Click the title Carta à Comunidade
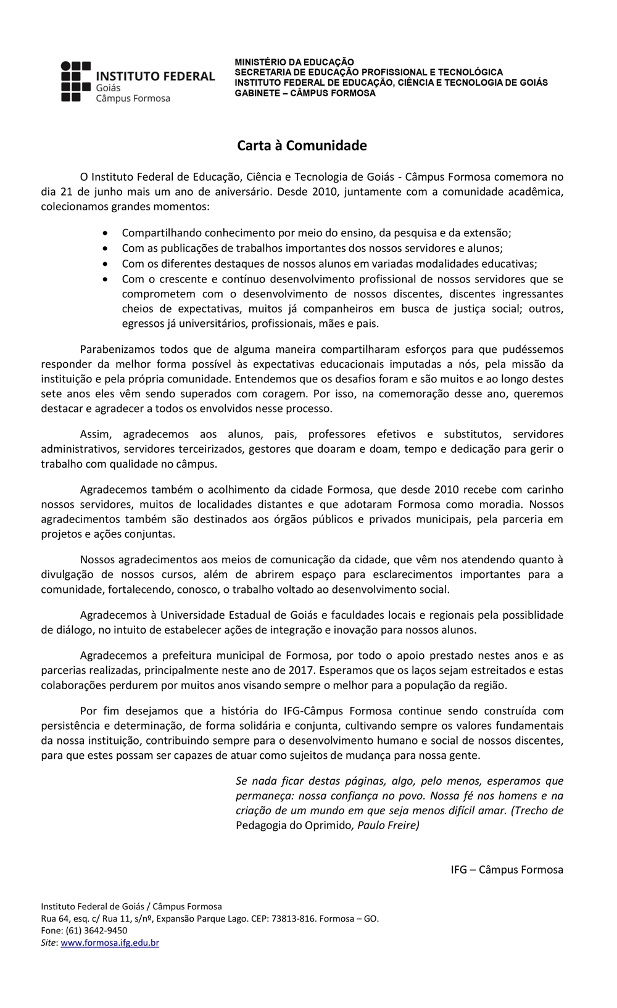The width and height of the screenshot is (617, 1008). click(302, 146)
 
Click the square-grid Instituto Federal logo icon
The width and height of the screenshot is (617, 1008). click(76, 81)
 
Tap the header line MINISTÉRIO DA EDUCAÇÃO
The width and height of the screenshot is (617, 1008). click(294, 62)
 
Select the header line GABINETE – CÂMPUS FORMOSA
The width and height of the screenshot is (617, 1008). click(305, 93)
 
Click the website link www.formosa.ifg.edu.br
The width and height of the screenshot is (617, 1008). click(110, 943)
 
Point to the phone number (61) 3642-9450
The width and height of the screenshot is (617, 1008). click(96, 930)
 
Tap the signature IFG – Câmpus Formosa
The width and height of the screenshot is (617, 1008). click(507, 869)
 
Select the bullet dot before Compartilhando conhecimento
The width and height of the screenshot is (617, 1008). click(107, 233)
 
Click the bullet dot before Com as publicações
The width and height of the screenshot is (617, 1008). click(107, 249)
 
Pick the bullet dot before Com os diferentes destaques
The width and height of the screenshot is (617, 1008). click(107, 264)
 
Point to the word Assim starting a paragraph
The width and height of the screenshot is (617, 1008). click(96, 434)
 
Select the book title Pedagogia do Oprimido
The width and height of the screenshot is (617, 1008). click(294, 825)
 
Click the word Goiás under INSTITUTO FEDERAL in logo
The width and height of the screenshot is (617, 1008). click(108, 88)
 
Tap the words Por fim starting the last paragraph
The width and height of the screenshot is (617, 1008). click(97, 711)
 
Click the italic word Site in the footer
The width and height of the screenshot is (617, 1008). click(49, 943)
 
